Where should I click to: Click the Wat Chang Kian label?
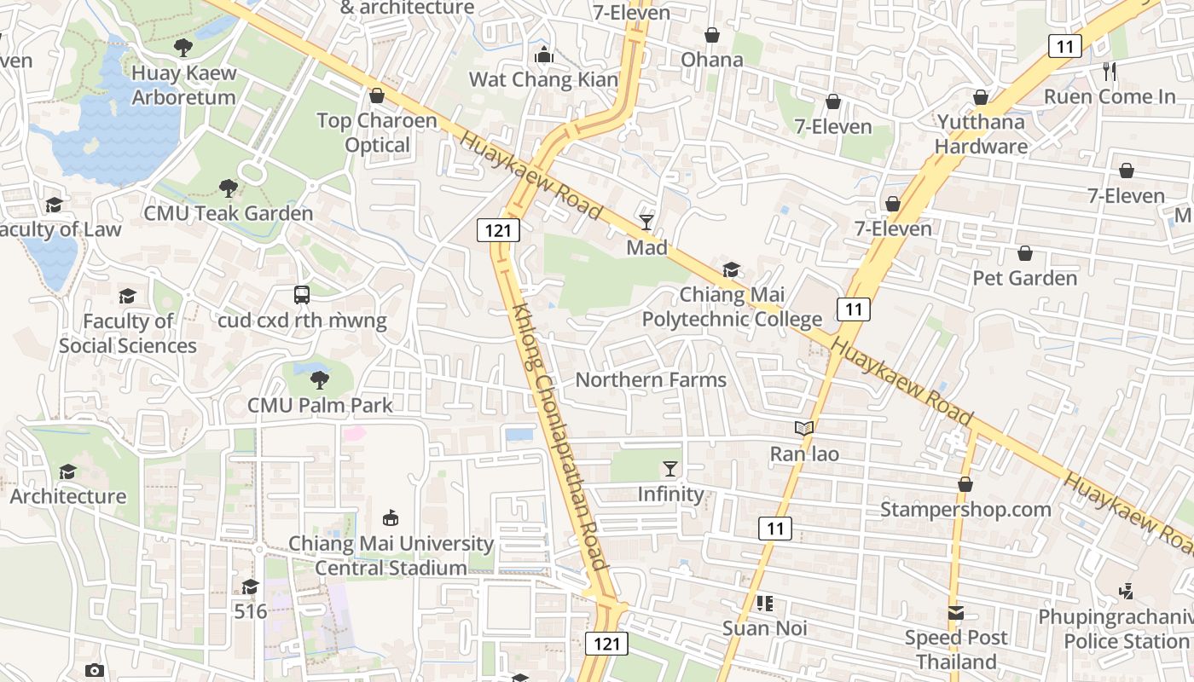click(x=544, y=80)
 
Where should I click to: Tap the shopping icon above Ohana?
click(x=711, y=35)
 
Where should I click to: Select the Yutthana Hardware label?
click(x=981, y=134)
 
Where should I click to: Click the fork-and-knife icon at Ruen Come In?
click(x=1109, y=72)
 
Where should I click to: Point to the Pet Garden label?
click(x=1024, y=278)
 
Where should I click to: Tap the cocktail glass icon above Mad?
click(x=646, y=223)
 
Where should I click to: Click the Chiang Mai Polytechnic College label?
click(x=731, y=308)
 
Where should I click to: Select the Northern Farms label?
click(x=651, y=380)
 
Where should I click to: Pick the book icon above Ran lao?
click(x=803, y=429)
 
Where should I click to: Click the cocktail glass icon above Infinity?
click(x=670, y=469)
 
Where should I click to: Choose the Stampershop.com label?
click(x=965, y=510)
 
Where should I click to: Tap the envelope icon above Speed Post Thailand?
click(x=955, y=613)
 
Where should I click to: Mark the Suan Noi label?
click(x=764, y=629)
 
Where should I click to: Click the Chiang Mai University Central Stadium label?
click(x=391, y=556)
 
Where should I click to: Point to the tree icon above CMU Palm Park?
click(x=320, y=379)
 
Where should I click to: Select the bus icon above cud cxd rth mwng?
click(x=302, y=295)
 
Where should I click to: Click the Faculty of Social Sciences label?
click(x=128, y=333)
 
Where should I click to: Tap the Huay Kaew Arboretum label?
click(x=183, y=85)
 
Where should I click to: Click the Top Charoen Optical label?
click(x=377, y=133)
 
